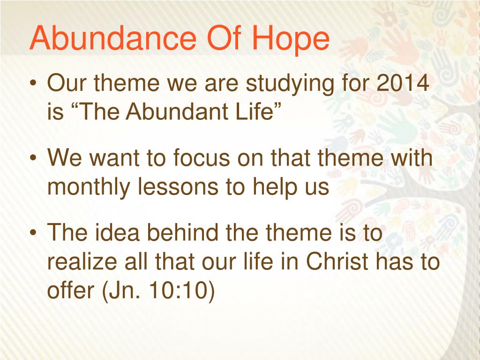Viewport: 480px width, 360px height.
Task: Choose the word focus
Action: coord(201,157)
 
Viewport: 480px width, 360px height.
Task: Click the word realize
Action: coord(82,261)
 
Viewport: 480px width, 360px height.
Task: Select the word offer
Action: coord(71,290)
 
